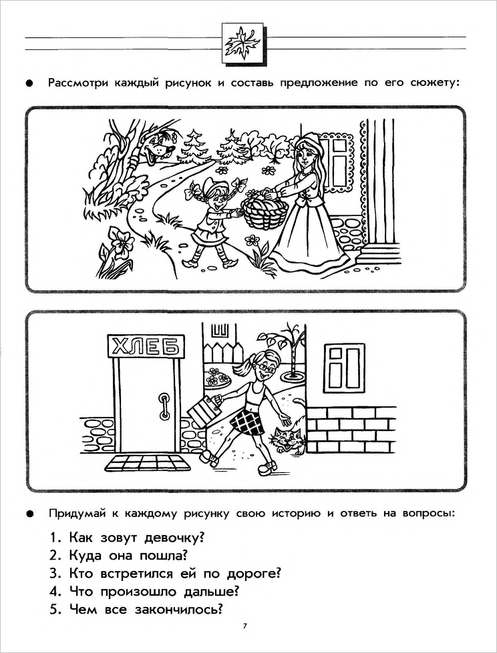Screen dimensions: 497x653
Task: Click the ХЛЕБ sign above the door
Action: [144, 346]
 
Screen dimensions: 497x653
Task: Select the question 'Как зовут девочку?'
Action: [127, 537]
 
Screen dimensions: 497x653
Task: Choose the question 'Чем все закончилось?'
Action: [136, 609]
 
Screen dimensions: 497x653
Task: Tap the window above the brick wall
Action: [343, 366]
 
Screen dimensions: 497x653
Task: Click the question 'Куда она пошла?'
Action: [118, 555]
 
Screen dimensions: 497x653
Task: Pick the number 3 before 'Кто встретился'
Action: [53, 574]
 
